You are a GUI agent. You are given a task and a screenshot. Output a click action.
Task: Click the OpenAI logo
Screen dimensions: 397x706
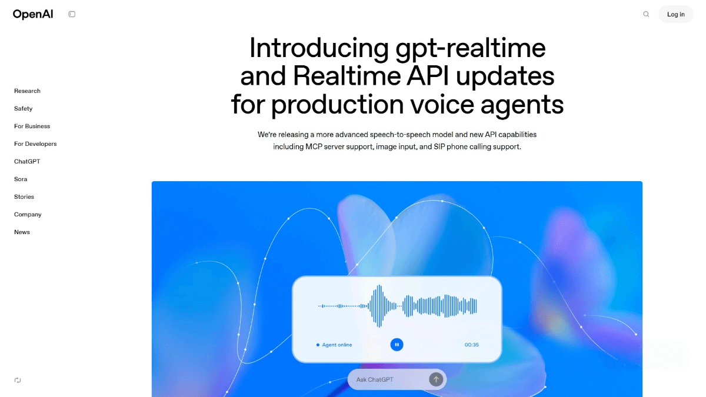click(33, 14)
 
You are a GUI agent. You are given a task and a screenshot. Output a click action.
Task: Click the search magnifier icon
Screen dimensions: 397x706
click(646, 14)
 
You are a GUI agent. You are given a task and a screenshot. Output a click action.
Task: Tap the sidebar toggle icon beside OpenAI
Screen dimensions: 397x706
click(72, 14)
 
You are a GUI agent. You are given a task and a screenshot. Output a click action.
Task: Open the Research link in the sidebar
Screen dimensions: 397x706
click(27, 91)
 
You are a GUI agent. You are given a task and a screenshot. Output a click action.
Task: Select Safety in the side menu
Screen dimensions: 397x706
click(23, 109)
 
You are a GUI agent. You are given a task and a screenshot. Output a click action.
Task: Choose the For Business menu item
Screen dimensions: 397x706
click(32, 126)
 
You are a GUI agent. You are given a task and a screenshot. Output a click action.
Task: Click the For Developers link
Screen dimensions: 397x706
click(35, 144)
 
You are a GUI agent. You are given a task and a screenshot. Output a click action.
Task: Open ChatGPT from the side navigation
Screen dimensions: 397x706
click(27, 162)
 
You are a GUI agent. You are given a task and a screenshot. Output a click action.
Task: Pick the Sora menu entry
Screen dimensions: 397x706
click(21, 179)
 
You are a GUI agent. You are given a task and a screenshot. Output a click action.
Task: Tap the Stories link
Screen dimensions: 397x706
click(24, 197)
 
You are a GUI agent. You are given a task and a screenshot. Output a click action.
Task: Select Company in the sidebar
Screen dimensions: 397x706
click(28, 215)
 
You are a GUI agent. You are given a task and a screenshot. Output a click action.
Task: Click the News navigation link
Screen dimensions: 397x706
click(22, 232)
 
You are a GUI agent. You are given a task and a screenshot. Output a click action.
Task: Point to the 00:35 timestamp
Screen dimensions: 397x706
click(471, 345)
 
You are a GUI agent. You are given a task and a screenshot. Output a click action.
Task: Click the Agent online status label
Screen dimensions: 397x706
click(337, 345)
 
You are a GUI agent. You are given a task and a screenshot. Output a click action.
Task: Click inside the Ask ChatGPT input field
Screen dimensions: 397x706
click(385, 379)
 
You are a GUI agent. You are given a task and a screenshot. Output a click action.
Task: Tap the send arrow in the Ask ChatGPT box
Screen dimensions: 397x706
click(436, 379)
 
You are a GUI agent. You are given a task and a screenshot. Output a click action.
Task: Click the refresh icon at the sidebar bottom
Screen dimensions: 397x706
click(18, 380)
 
